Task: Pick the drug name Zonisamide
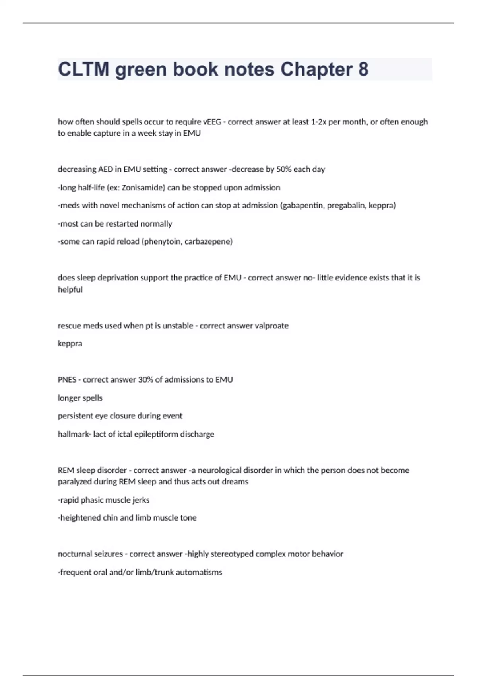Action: point(140,188)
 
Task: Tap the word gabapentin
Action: point(302,206)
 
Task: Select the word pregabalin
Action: point(345,206)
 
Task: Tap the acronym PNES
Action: point(67,380)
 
